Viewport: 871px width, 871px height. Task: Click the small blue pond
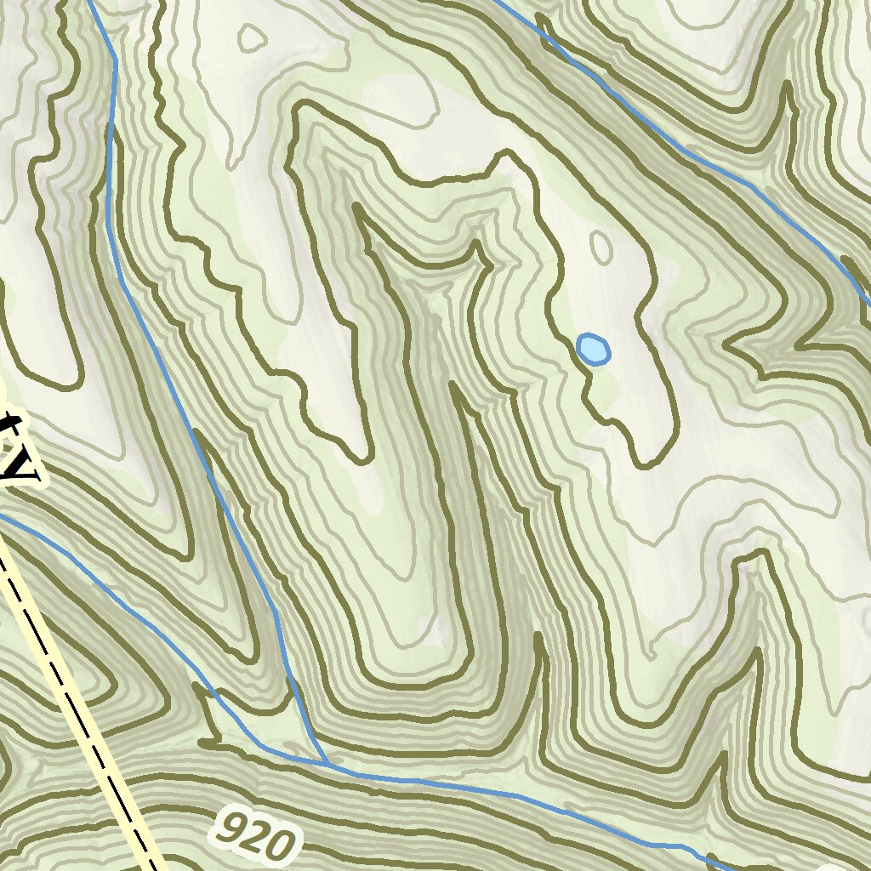(593, 349)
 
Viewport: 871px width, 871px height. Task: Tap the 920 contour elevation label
(255, 834)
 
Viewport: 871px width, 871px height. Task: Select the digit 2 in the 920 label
(254, 835)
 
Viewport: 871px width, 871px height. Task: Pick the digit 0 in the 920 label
(282, 845)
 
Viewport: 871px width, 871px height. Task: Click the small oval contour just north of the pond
(601, 247)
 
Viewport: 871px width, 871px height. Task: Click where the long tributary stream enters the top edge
(88, 3)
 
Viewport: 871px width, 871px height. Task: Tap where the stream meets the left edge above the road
(3, 516)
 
